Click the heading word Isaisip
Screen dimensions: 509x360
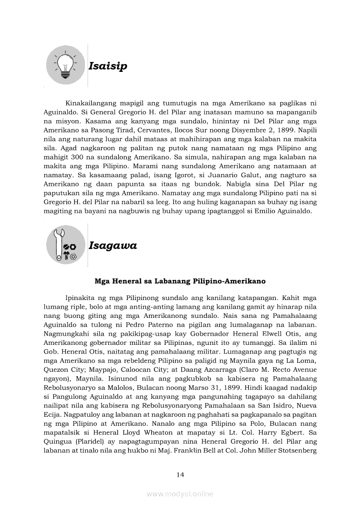click(108, 66)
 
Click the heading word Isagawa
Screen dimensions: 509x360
click(112, 246)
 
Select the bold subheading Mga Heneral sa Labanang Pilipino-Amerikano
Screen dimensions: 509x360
click(180, 281)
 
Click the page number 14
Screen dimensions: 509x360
click(180, 475)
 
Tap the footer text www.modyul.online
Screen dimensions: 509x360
click(180, 494)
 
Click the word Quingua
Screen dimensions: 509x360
click(56, 441)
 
